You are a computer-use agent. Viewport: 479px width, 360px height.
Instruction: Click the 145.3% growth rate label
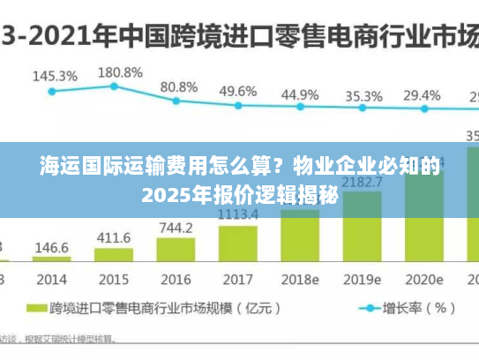(54, 76)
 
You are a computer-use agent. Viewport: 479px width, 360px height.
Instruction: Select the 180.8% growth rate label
(119, 71)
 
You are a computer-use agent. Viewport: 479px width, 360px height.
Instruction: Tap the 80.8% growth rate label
(178, 87)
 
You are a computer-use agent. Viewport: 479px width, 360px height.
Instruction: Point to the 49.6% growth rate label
(238, 91)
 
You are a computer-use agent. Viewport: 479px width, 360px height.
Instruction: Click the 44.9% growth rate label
(300, 94)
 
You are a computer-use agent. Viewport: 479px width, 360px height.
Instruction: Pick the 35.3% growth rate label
(363, 95)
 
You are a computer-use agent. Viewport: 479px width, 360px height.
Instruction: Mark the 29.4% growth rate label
(422, 94)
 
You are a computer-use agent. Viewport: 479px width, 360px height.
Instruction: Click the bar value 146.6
(52, 248)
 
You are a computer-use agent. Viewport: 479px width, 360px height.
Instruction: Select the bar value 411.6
(114, 238)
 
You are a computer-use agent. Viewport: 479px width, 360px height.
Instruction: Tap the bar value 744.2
(176, 228)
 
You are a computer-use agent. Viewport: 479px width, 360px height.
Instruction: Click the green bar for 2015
(113, 256)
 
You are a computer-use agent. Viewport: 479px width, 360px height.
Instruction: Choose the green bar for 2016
(176, 250)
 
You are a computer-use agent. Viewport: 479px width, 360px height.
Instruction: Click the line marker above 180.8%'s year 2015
(114, 86)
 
